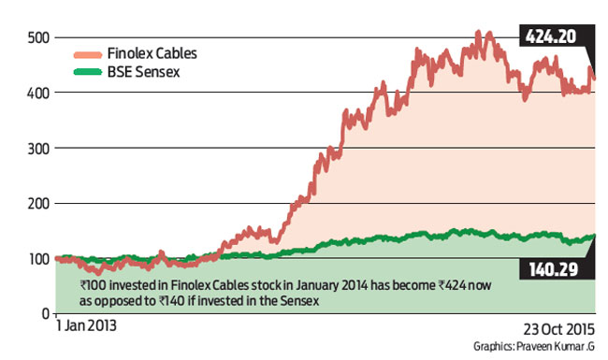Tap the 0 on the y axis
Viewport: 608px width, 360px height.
(x=43, y=312)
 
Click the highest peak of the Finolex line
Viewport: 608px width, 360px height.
(x=478, y=32)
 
